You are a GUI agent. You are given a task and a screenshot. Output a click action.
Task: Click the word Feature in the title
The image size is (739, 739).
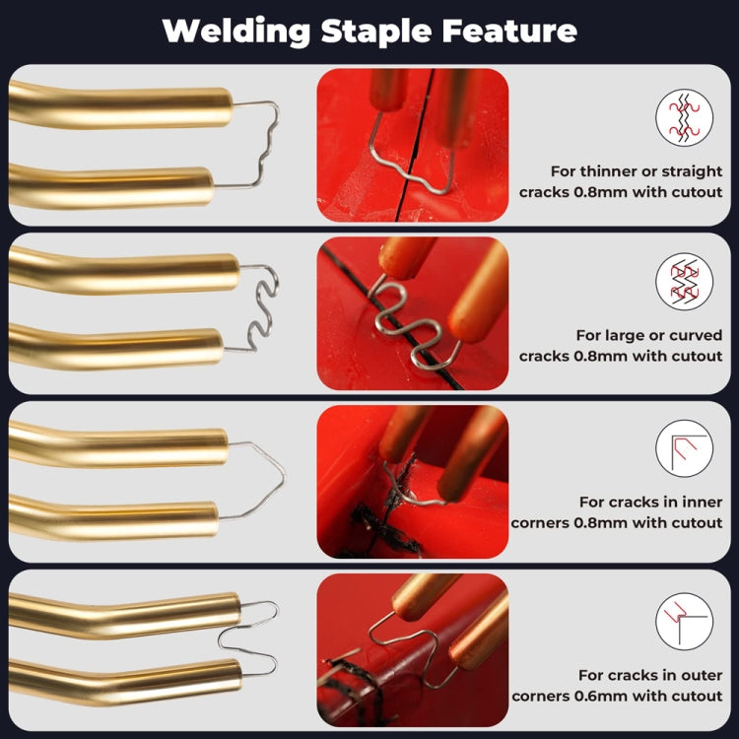coord(518,31)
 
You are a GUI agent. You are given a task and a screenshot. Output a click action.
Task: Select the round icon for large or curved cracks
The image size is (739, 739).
coord(684,283)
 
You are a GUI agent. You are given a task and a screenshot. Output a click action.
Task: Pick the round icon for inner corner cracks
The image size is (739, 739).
coord(684,449)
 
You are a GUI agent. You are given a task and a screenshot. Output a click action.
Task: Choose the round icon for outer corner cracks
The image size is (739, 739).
coord(684,622)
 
